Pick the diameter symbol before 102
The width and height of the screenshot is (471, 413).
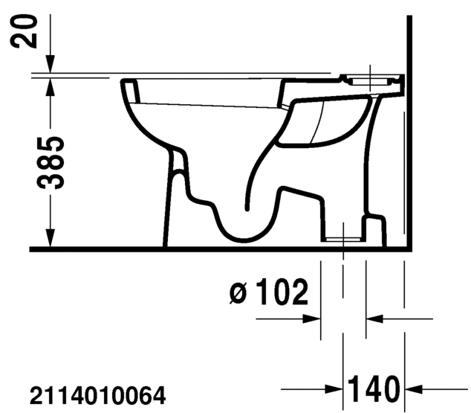point(238,295)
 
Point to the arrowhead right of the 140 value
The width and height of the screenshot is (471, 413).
point(412,388)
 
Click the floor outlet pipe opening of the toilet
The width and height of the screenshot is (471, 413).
point(343,239)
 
